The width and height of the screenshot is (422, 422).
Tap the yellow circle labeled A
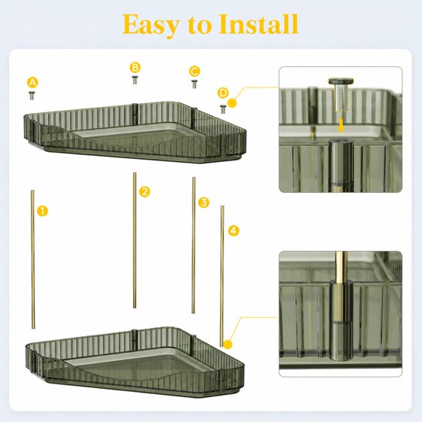click(x=32, y=82)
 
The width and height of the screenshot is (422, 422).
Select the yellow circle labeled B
click(x=135, y=67)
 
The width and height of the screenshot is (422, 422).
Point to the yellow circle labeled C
click(x=194, y=72)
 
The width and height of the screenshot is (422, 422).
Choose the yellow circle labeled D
click(x=223, y=93)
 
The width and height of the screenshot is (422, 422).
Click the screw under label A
click(x=32, y=96)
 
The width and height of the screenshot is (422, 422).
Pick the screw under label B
click(x=135, y=80)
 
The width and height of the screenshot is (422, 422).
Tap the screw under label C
click(x=194, y=84)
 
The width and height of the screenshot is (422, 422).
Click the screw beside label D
click(x=223, y=109)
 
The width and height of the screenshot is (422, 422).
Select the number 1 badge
click(x=42, y=211)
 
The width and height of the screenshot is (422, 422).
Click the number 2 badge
click(x=145, y=191)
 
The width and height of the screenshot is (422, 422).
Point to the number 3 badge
click(x=203, y=203)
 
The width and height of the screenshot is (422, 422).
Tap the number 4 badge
click(x=234, y=231)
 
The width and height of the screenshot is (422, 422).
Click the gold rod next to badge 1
click(x=33, y=259)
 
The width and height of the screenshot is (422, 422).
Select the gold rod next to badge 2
click(x=135, y=240)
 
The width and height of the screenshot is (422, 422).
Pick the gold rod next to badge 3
click(x=194, y=245)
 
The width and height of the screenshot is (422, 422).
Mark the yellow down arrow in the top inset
click(x=341, y=125)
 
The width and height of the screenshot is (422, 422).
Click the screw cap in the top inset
click(x=341, y=81)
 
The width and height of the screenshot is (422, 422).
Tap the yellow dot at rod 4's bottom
click(x=228, y=344)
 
